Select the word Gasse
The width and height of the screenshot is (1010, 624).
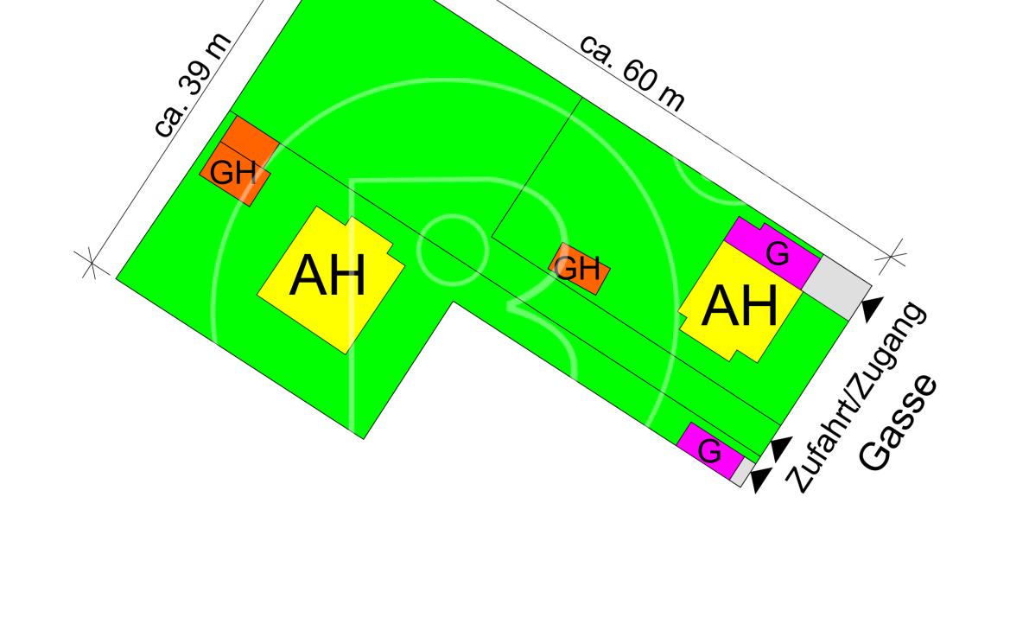[x=899, y=423]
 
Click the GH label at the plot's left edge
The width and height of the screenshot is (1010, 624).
[x=233, y=174]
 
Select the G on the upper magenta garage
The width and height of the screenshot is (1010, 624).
[x=778, y=254]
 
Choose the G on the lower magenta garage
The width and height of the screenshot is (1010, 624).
[x=709, y=451]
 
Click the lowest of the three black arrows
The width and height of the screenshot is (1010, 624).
[x=759, y=481]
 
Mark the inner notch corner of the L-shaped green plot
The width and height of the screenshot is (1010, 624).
[x=453, y=302]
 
